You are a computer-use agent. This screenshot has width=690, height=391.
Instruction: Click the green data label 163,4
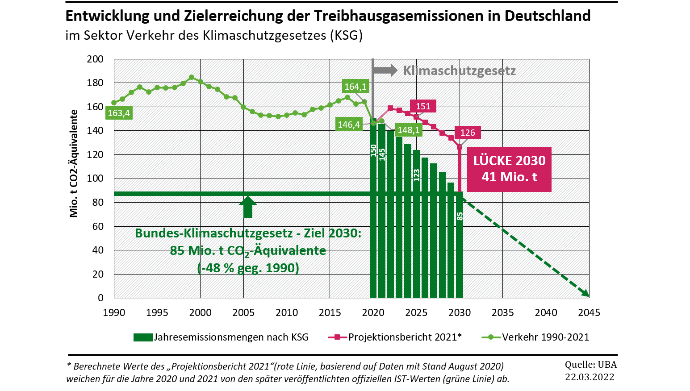click(119, 113)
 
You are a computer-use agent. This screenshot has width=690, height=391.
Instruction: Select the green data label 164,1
click(355, 87)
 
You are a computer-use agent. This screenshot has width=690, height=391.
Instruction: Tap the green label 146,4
click(349, 125)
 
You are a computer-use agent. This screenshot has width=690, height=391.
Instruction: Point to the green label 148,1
click(409, 130)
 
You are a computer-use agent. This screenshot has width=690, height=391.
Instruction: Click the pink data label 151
click(423, 106)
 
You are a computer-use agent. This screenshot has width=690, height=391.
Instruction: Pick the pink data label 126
click(468, 133)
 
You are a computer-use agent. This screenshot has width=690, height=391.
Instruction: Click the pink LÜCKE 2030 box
click(509, 169)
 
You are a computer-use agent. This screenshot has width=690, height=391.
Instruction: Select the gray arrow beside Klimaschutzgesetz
click(385, 70)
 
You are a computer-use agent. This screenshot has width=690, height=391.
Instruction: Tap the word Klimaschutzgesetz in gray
click(459, 71)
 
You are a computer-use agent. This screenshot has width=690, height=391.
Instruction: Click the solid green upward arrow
click(248, 207)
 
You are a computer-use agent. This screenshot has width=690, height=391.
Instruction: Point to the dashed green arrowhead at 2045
click(585, 293)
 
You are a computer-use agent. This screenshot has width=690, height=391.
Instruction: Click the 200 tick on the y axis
click(95, 59)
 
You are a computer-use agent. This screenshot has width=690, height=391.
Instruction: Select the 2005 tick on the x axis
click(243, 312)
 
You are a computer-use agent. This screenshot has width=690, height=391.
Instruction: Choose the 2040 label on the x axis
click(546, 312)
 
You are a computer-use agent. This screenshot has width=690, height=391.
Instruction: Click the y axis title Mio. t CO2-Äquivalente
click(74, 164)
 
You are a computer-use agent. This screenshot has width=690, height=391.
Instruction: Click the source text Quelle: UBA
click(590, 364)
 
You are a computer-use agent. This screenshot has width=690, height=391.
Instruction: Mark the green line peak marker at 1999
click(192, 77)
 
